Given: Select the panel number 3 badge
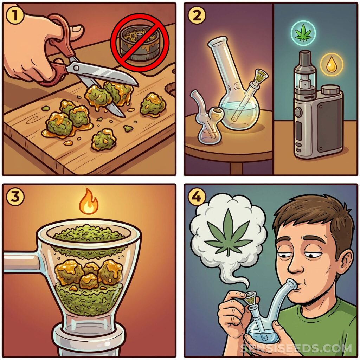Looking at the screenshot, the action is (15, 197).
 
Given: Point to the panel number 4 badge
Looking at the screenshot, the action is (197, 197).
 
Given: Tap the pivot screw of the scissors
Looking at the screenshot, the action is (76, 68).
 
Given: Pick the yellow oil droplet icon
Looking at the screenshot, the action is (332, 65).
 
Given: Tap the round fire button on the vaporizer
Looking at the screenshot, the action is (298, 112).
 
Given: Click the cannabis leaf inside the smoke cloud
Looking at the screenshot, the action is (228, 232).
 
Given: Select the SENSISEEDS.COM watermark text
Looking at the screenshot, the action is (296, 348).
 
